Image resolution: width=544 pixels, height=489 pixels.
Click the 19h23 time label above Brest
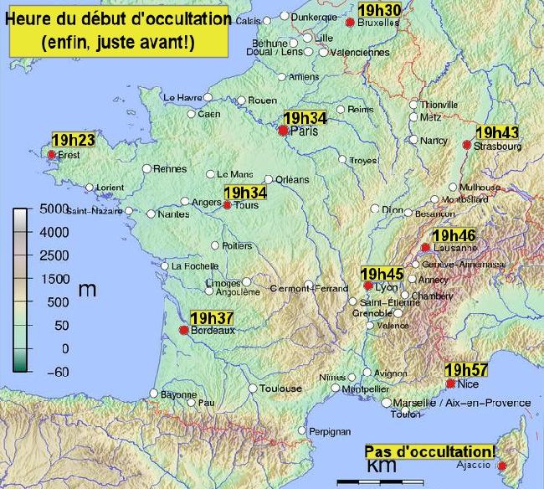coord(73,140)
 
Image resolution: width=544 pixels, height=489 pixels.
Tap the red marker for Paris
coord(284,131)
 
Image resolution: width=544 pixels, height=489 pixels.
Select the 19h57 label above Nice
coord(467,370)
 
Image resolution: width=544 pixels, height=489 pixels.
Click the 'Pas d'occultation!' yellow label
coord(430,450)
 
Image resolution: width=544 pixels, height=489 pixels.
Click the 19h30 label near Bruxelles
coord(379,10)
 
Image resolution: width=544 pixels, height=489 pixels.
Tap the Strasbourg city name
coord(498,146)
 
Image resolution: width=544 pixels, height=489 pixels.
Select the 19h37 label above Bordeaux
coord(212,317)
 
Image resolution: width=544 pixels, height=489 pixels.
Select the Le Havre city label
coord(182,97)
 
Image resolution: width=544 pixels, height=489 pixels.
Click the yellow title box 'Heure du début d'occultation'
coord(118,31)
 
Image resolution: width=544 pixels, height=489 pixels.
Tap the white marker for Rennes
coord(146,168)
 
